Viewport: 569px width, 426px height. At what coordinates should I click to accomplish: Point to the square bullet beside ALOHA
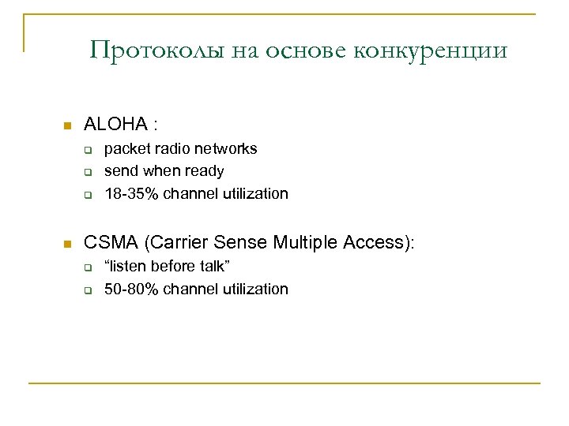[67, 125]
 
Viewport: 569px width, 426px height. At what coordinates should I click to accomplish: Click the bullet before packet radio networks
[89, 149]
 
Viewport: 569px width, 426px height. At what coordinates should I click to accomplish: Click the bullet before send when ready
[89, 172]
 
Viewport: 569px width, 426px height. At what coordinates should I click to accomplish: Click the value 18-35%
[130, 194]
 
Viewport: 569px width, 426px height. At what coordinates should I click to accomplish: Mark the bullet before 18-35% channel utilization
[89, 195]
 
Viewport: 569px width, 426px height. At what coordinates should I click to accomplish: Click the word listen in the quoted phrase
[130, 266]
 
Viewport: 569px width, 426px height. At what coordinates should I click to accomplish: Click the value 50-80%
[130, 289]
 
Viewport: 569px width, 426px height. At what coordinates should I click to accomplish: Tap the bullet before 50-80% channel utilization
[89, 290]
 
